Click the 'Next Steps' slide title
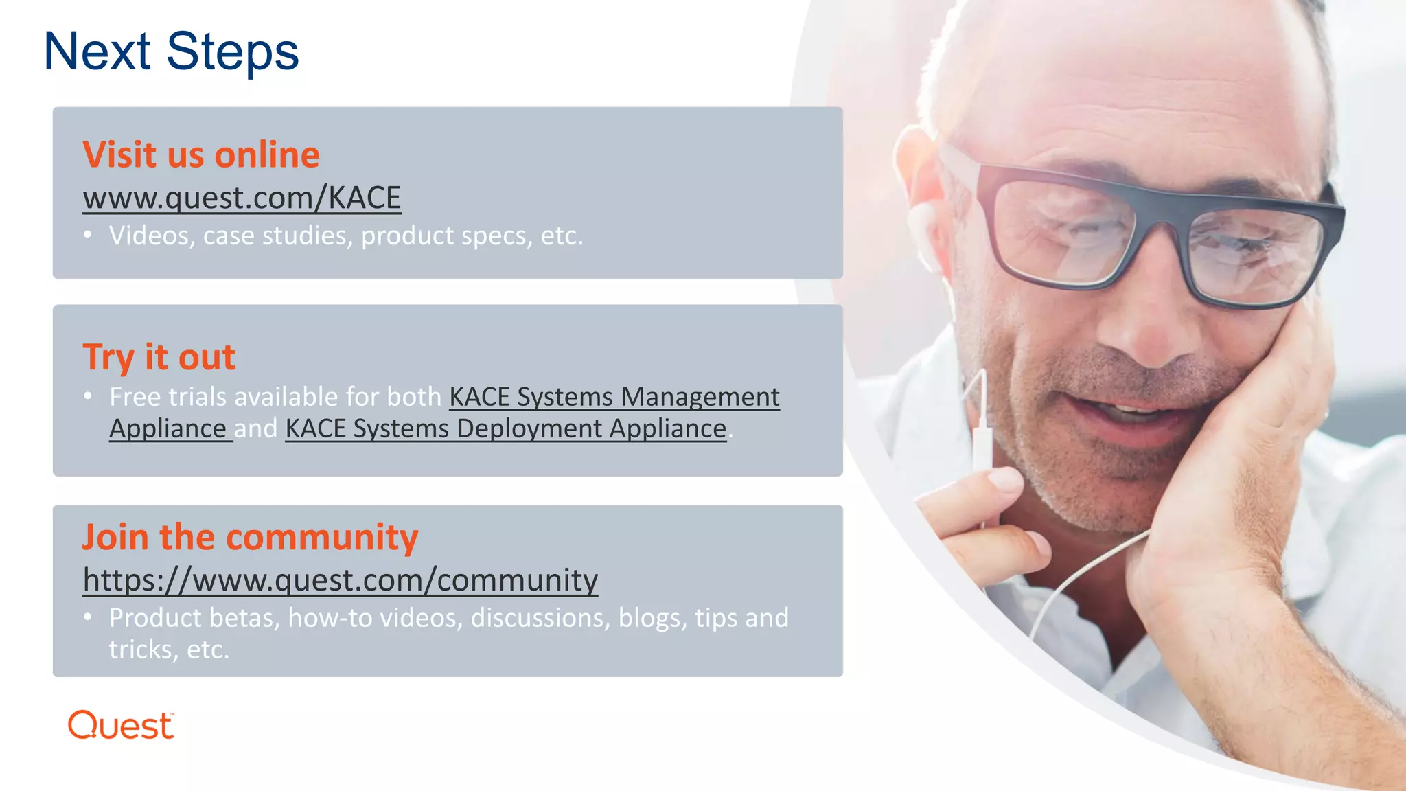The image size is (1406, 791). (x=171, y=51)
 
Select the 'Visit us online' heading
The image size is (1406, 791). (x=201, y=154)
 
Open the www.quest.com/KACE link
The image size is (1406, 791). (x=242, y=198)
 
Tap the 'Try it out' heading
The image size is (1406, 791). (x=159, y=357)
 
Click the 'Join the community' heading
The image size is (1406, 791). (x=250, y=537)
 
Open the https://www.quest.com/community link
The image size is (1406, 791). (x=341, y=580)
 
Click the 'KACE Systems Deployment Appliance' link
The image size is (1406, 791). (x=506, y=428)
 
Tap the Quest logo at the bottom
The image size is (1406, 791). (x=122, y=726)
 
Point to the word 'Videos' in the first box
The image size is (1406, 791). (x=149, y=236)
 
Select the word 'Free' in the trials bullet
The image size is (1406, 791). (x=134, y=397)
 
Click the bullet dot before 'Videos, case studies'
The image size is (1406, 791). (x=88, y=235)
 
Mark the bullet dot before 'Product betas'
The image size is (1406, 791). (x=88, y=617)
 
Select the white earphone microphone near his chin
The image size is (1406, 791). (x=983, y=439)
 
